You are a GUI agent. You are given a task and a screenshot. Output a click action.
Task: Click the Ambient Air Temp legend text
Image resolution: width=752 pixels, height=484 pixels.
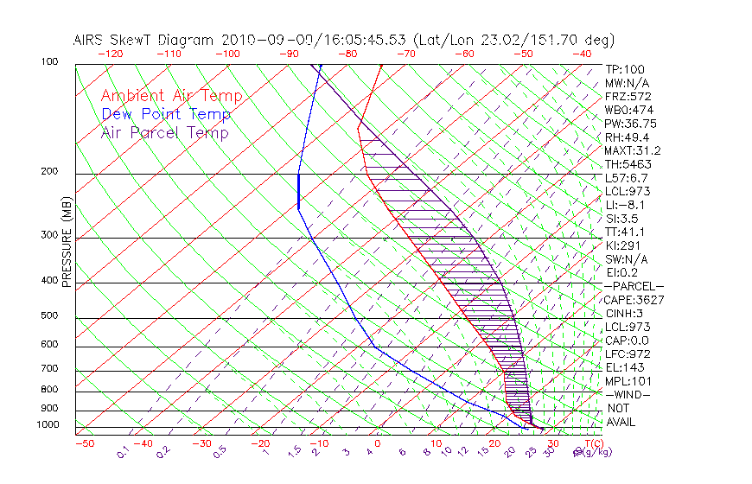pos(171,96)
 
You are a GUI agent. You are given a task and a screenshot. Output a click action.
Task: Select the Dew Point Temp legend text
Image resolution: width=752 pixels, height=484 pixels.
pos(166,114)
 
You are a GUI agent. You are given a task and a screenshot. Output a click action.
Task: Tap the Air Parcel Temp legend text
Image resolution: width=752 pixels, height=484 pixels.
pos(164,132)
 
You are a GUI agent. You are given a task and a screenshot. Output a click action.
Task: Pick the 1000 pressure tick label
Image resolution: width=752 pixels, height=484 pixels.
pos(48,425)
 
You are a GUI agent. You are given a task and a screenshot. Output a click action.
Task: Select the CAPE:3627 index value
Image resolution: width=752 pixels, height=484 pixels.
pos(630,300)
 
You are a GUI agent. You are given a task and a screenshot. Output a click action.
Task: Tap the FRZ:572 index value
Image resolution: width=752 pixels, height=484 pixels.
pos(628,96)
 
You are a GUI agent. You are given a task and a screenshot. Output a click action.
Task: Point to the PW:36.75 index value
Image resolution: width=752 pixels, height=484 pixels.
pos(630,124)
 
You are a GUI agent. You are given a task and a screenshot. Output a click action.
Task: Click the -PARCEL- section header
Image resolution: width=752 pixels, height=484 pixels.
pos(634,286)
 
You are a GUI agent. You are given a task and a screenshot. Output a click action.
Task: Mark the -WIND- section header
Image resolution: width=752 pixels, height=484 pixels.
pos(628,394)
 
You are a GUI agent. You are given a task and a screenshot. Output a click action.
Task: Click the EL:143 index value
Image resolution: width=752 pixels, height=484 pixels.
pos(624,367)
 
